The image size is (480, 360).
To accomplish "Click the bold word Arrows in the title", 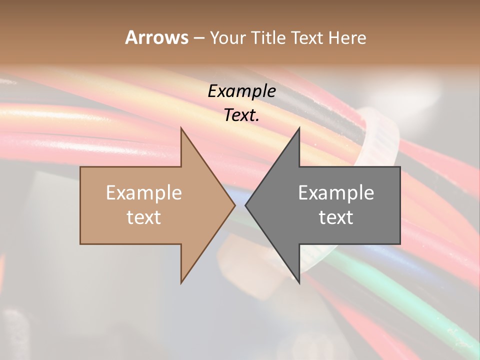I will (x=156, y=37).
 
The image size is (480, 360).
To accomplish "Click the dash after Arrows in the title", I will (x=198, y=38).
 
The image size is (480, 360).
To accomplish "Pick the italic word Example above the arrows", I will (x=242, y=91).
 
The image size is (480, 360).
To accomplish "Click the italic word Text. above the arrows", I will (x=242, y=115).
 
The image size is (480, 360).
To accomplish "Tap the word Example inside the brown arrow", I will (x=144, y=193).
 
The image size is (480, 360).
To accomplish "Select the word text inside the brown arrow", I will (x=144, y=217).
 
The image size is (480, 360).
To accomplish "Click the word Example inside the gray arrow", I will (x=336, y=193).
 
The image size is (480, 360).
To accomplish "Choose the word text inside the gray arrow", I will (x=336, y=217).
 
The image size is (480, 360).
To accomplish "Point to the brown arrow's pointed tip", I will (x=234, y=204).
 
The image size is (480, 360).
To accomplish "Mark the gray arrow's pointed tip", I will (x=246, y=204).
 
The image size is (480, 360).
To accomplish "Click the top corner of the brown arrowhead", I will (x=181, y=128).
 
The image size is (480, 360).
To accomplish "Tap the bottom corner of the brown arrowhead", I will (x=181, y=282).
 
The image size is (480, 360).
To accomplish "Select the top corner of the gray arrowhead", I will (x=299, y=128).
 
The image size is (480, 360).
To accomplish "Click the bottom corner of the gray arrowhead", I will (x=299, y=282).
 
